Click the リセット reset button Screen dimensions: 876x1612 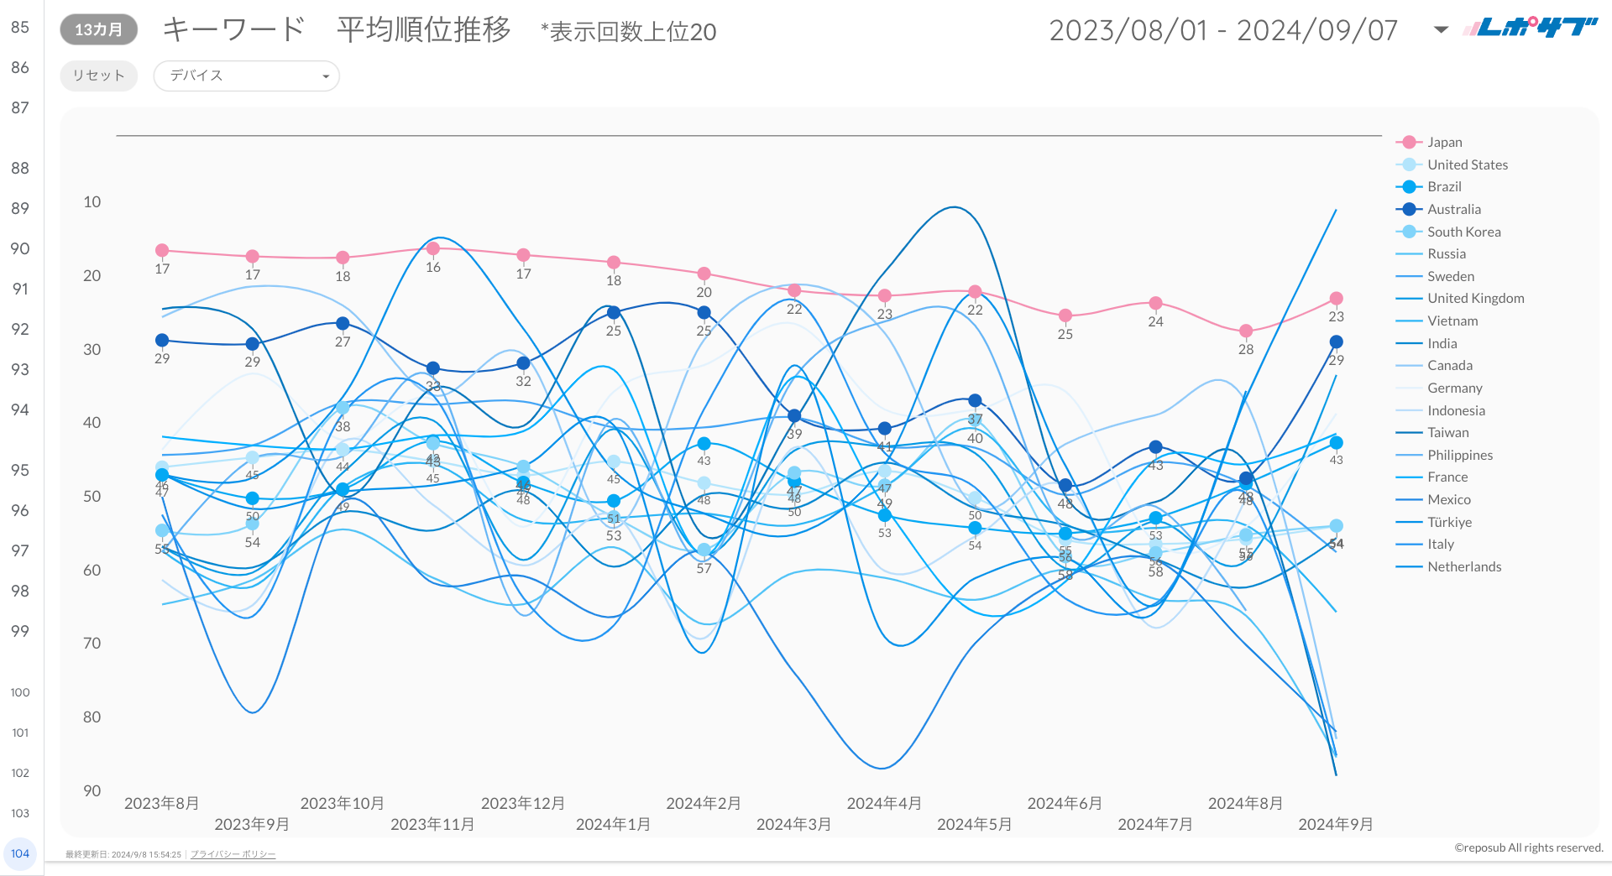(98, 76)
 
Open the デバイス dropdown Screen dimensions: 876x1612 (246, 76)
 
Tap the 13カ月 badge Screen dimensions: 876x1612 (98, 29)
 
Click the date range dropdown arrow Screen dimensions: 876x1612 (1441, 30)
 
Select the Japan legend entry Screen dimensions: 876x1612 (1444, 143)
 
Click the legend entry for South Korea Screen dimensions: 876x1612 (1463, 232)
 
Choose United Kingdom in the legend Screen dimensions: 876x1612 (1475, 299)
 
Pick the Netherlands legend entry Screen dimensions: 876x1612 (1463, 567)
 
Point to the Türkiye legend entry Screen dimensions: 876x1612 (1449, 522)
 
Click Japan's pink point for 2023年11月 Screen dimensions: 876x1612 (433, 248)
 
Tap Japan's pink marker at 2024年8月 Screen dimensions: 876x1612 (1246, 331)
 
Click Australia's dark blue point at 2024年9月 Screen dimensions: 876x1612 (1336, 342)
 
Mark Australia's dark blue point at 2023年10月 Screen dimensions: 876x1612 (343, 323)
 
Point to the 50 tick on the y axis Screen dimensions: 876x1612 (92, 497)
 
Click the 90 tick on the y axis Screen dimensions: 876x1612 (92, 791)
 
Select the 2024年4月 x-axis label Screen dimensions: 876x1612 (884, 804)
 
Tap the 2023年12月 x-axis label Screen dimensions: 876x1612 (522, 804)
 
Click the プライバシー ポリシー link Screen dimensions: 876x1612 (233, 854)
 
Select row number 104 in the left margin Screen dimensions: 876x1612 (20, 853)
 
